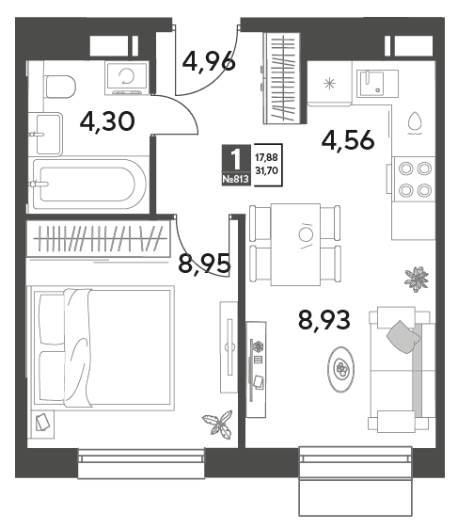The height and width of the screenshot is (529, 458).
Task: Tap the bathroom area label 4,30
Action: pyautogui.click(x=107, y=121)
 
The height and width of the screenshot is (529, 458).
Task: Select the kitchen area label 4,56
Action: pyautogui.click(x=348, y=139)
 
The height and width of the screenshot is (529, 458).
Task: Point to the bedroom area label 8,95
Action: pyautogui.click(x=204, y=264)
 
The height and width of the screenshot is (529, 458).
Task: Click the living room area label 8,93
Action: pyautogui.click(x=324, y=320)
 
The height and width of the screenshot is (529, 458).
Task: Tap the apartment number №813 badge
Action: pyautogui.click(x=236, y=179)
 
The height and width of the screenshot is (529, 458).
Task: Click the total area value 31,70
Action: pyautogui.click(x=266, y=170)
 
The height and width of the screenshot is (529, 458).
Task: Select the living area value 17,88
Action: pyautogui.click(x=266, y=157)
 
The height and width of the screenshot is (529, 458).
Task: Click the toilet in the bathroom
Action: pyautogui.click(x=60, y=87)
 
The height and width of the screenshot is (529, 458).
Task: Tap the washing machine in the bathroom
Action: pyautogui.click(x=126, y=77)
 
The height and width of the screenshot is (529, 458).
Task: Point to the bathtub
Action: pyautogui.click(x=88, y=184)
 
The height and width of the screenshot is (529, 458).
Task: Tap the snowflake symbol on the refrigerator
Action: pyautogui.click(x=329, y=84)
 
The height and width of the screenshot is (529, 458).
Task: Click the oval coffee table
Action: pyautogui.click(x=340, y=369)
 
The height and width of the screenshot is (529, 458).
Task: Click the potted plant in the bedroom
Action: pyautogui.click(x=218, y=424)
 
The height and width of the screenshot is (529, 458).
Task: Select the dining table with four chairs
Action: pyautogui.click(x=295, y=244)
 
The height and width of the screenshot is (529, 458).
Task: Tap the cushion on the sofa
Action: pyautogui.click(x=403, y=337)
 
